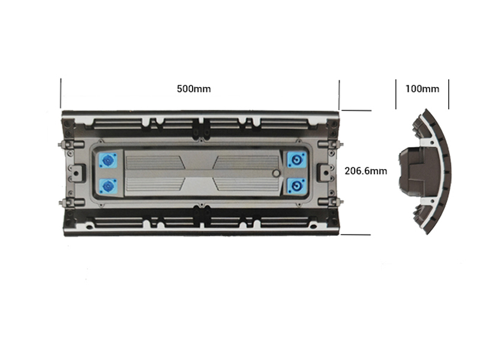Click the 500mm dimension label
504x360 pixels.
pyautogui.click(x=193, y=89)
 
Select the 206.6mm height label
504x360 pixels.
pyautogui.click(x=365, y=170)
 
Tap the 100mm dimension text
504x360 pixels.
pyautogui.click(x=422, y=89)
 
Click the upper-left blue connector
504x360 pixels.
pyautogui.click(x=109, y=160)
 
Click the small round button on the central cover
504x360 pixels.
pyautogui.click(x=275, y=173)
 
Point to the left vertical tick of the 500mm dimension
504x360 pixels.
pyautogui.click(x=61, y=93)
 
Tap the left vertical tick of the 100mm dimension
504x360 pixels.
pyautogui.click(x=396, y=93)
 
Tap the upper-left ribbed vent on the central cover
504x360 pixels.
pyautogui.click(x=153, y=162)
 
